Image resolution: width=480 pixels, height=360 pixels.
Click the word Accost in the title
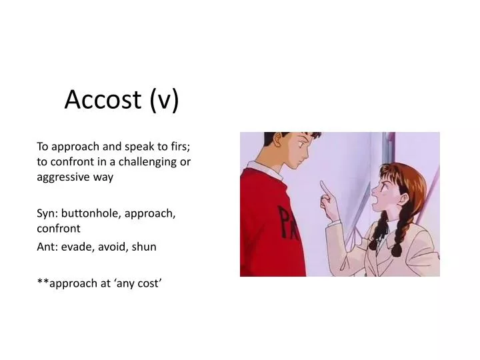point(103,99)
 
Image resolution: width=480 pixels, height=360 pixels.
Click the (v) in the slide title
point(164,99)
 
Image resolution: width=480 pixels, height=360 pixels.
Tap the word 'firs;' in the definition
point(181,147)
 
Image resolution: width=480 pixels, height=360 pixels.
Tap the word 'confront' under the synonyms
point(58,228)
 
